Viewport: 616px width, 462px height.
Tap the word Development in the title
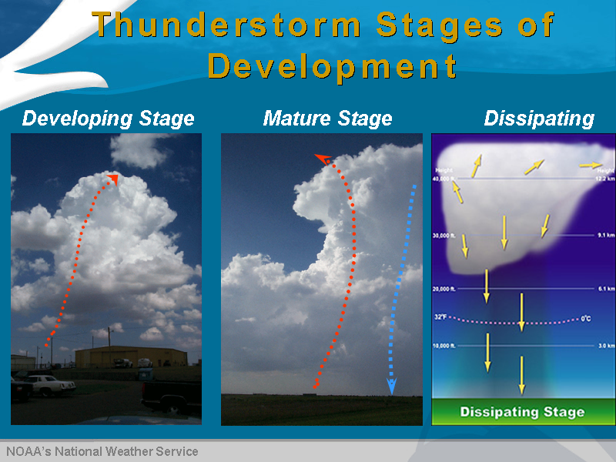(x=333, y=66)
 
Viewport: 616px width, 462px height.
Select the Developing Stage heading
(x=108, y=119)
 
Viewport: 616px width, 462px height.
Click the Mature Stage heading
(x=327, y=119)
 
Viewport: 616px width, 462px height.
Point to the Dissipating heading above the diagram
(x=539, y=119)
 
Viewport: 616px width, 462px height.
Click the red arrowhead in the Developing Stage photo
(x=113, y=179)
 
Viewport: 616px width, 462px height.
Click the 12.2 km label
(x=605, y=179)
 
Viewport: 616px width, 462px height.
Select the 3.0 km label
(x=605, y=346)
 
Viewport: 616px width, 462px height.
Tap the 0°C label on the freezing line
(x=587, y=319)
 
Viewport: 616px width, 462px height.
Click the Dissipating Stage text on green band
(x=522, y=412)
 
